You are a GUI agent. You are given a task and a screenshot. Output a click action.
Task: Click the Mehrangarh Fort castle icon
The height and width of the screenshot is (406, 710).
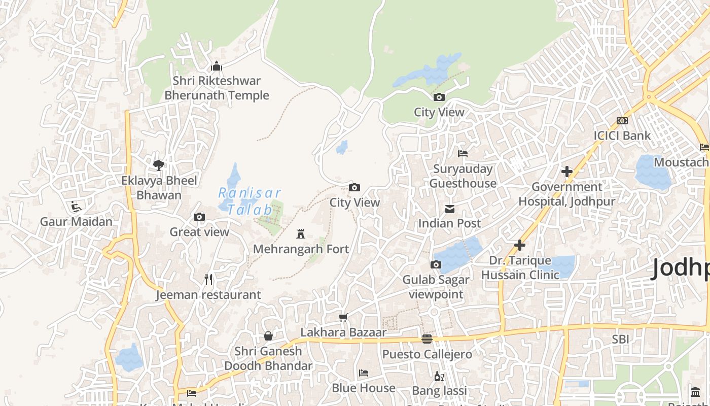pyautogui.click(x=301, y=234)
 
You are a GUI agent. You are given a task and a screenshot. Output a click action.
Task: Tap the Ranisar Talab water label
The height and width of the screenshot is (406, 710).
pyautogui.click(x=250, y=201)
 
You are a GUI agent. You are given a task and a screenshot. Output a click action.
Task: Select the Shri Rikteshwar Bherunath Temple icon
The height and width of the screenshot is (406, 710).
pyautogui.click(x=217, y=66)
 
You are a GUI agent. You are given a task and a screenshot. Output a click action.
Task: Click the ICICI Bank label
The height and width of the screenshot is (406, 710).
pyautogui.click(x=622, y=136)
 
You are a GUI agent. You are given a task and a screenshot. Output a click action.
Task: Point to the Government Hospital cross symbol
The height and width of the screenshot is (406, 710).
pyautogui.click(x=567, y=172)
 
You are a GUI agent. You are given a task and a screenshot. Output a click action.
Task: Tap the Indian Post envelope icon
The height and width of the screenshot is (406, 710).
pyautogui.click(x=449, y=209)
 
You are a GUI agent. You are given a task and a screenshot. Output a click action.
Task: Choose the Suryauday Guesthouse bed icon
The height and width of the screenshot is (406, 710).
pyautogui.click(x=463, y=153)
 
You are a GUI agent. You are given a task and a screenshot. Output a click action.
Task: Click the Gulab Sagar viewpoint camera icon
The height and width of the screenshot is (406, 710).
pyautogui.click(x=436, y=264)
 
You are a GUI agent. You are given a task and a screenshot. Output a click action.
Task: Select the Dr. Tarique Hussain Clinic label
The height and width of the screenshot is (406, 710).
pyautogui.click(x=520, y=267)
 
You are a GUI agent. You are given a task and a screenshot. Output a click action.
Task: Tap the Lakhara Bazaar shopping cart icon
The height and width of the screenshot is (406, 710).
pyautogui.click(x=343, y=317)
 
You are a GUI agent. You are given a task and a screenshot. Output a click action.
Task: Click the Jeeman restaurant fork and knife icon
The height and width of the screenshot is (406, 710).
pyautogui.click(x=208, y=279)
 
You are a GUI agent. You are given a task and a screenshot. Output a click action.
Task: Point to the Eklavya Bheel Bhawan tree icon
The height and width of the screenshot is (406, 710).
pyautogui.click(x=159, y=165)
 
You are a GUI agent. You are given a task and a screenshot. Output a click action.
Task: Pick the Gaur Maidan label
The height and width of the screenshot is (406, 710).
pyautogui.click(x=76, y=221)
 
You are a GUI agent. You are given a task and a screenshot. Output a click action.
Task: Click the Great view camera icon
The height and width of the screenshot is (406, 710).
pyautogui.click(x=199, y=217)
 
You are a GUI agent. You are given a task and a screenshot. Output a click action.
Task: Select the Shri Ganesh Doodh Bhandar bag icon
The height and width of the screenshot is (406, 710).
pyautogui.click(x=268, y=336)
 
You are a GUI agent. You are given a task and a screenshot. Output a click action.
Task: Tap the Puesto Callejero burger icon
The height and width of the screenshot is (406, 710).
pyautogui.click(x=427, y=339)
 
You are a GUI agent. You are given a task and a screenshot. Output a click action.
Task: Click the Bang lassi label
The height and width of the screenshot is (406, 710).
pyautogui.click(x=439, y=391)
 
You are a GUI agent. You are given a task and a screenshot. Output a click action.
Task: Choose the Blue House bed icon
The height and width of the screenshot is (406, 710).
pyautogui.click(x=364, y=373)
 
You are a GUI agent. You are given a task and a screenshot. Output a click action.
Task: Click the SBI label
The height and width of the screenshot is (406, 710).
pyautogui.click(x=620, y=339)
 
